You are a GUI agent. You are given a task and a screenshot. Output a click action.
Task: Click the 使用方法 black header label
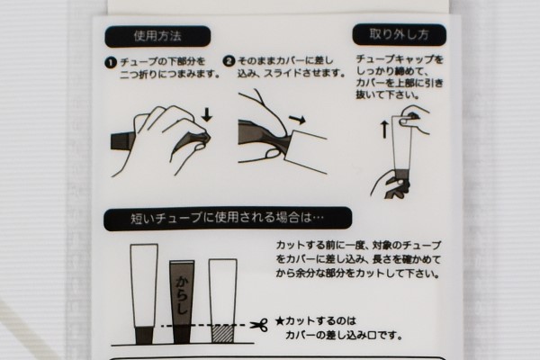coord(157,36)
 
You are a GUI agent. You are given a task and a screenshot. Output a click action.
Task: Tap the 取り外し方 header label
coord(399,34)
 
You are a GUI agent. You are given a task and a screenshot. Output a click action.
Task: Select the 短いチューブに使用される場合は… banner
coord(228,219)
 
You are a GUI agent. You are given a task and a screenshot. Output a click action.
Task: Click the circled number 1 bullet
coord(111,63)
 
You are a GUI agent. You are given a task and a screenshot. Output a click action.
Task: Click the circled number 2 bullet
coord(229,61)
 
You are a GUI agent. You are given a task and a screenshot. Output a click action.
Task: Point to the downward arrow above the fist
coord(207,114)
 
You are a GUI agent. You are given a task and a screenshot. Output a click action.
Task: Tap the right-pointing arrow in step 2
coord(297,120)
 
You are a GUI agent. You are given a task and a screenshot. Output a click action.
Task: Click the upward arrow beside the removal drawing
coord(384,130)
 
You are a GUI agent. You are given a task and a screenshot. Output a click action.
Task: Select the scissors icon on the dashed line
coord(258,325)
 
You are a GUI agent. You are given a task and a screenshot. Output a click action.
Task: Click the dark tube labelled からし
coord(182,301)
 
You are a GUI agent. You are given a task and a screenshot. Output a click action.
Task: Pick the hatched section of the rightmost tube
coord(223,334)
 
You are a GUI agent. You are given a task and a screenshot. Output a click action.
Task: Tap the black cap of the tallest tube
coord(144,335)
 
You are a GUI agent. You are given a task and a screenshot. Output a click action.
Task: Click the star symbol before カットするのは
coord(279,322)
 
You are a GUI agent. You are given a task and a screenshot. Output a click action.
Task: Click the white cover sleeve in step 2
coord(306,150)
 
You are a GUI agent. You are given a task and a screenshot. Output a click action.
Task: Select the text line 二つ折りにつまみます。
coord(170,75)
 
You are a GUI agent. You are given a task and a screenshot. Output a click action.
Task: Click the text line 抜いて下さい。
coord(388,94)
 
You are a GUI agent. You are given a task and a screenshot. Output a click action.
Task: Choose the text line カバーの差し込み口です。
coord(344,335)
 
